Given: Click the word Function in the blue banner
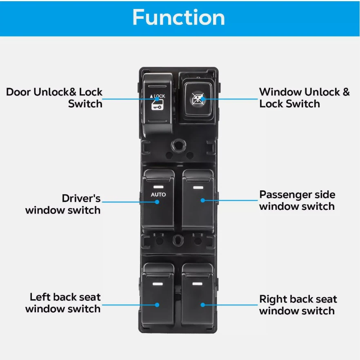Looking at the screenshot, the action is tap(179, 17).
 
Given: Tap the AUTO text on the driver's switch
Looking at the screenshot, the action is tap(158, 194).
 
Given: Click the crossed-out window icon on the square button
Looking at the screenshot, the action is tap(198, 99).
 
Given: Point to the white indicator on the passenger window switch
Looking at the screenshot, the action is tap(198, 188).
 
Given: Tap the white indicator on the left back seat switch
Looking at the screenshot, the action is tap(158, 284).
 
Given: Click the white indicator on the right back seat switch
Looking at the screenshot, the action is tap(197, 284).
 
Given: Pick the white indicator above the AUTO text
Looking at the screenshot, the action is tap(158, 187).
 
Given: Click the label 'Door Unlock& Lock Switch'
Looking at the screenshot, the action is tap(54, 98).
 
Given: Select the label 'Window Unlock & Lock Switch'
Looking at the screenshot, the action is tap(304, 98).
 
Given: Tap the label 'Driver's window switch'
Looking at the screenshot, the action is tap(63, 204).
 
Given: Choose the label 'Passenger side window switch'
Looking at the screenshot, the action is tap(297, 200).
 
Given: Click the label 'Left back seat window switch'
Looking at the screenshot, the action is tap(63, 303).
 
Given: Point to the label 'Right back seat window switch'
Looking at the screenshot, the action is tap(298, 305).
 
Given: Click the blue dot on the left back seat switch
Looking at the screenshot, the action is tap(157, 305).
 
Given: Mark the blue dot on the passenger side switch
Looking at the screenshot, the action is tap(203, 200).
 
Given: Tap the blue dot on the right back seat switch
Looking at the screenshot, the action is tap(203, 305).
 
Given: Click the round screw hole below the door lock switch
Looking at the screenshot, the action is tap(179, 145).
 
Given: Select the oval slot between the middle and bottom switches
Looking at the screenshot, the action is tap(178, 240).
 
